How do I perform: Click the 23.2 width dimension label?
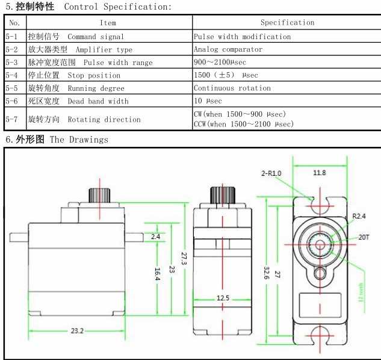[x=77, y=331]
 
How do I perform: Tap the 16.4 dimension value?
[x=156, y=273]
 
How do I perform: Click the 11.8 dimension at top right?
[x=320, y=173]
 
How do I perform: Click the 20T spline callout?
[x=364, y=237]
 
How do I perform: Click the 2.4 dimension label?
[x=155, y=237]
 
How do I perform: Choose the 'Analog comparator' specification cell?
[x=228, y=49]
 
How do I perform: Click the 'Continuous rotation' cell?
[x=232, y=88]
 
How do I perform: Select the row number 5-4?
[x=12, y=75]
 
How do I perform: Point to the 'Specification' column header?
[x=287, y=23]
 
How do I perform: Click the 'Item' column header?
[x=108, y=23]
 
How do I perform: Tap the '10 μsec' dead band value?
[x=208, y=101]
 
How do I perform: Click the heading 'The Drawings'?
[x=78, y=140]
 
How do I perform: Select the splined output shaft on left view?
[x=100, y=195]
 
